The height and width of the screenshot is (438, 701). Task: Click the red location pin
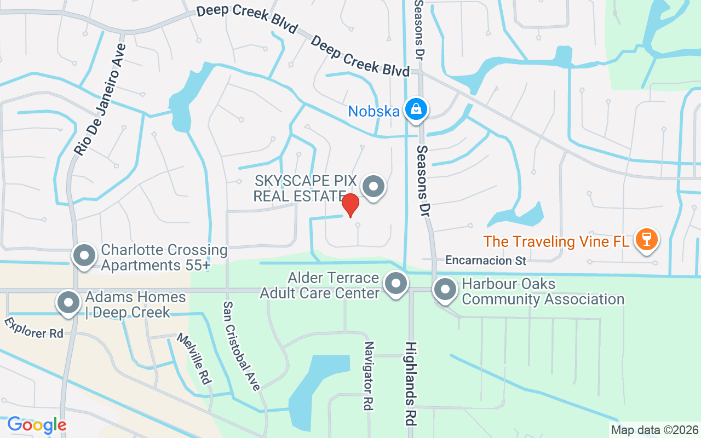(350, 205)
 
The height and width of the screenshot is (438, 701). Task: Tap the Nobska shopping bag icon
(416, 109)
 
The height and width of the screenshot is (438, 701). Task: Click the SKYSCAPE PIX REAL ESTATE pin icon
(374, 187)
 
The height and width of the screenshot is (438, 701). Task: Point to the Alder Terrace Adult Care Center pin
(395, 284)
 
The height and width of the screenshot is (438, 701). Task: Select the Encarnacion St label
(485, 261)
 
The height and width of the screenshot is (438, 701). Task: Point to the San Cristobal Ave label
(242, 346)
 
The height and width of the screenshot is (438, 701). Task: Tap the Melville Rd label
(194, 358)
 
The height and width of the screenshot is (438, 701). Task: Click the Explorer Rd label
(34, 327)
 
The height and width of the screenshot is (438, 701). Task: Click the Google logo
(37, 425)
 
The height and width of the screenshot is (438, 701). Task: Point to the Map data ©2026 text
(654, 430)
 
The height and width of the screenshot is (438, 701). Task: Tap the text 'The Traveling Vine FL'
(556, 241)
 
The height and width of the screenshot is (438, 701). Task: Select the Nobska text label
(374, 111)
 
